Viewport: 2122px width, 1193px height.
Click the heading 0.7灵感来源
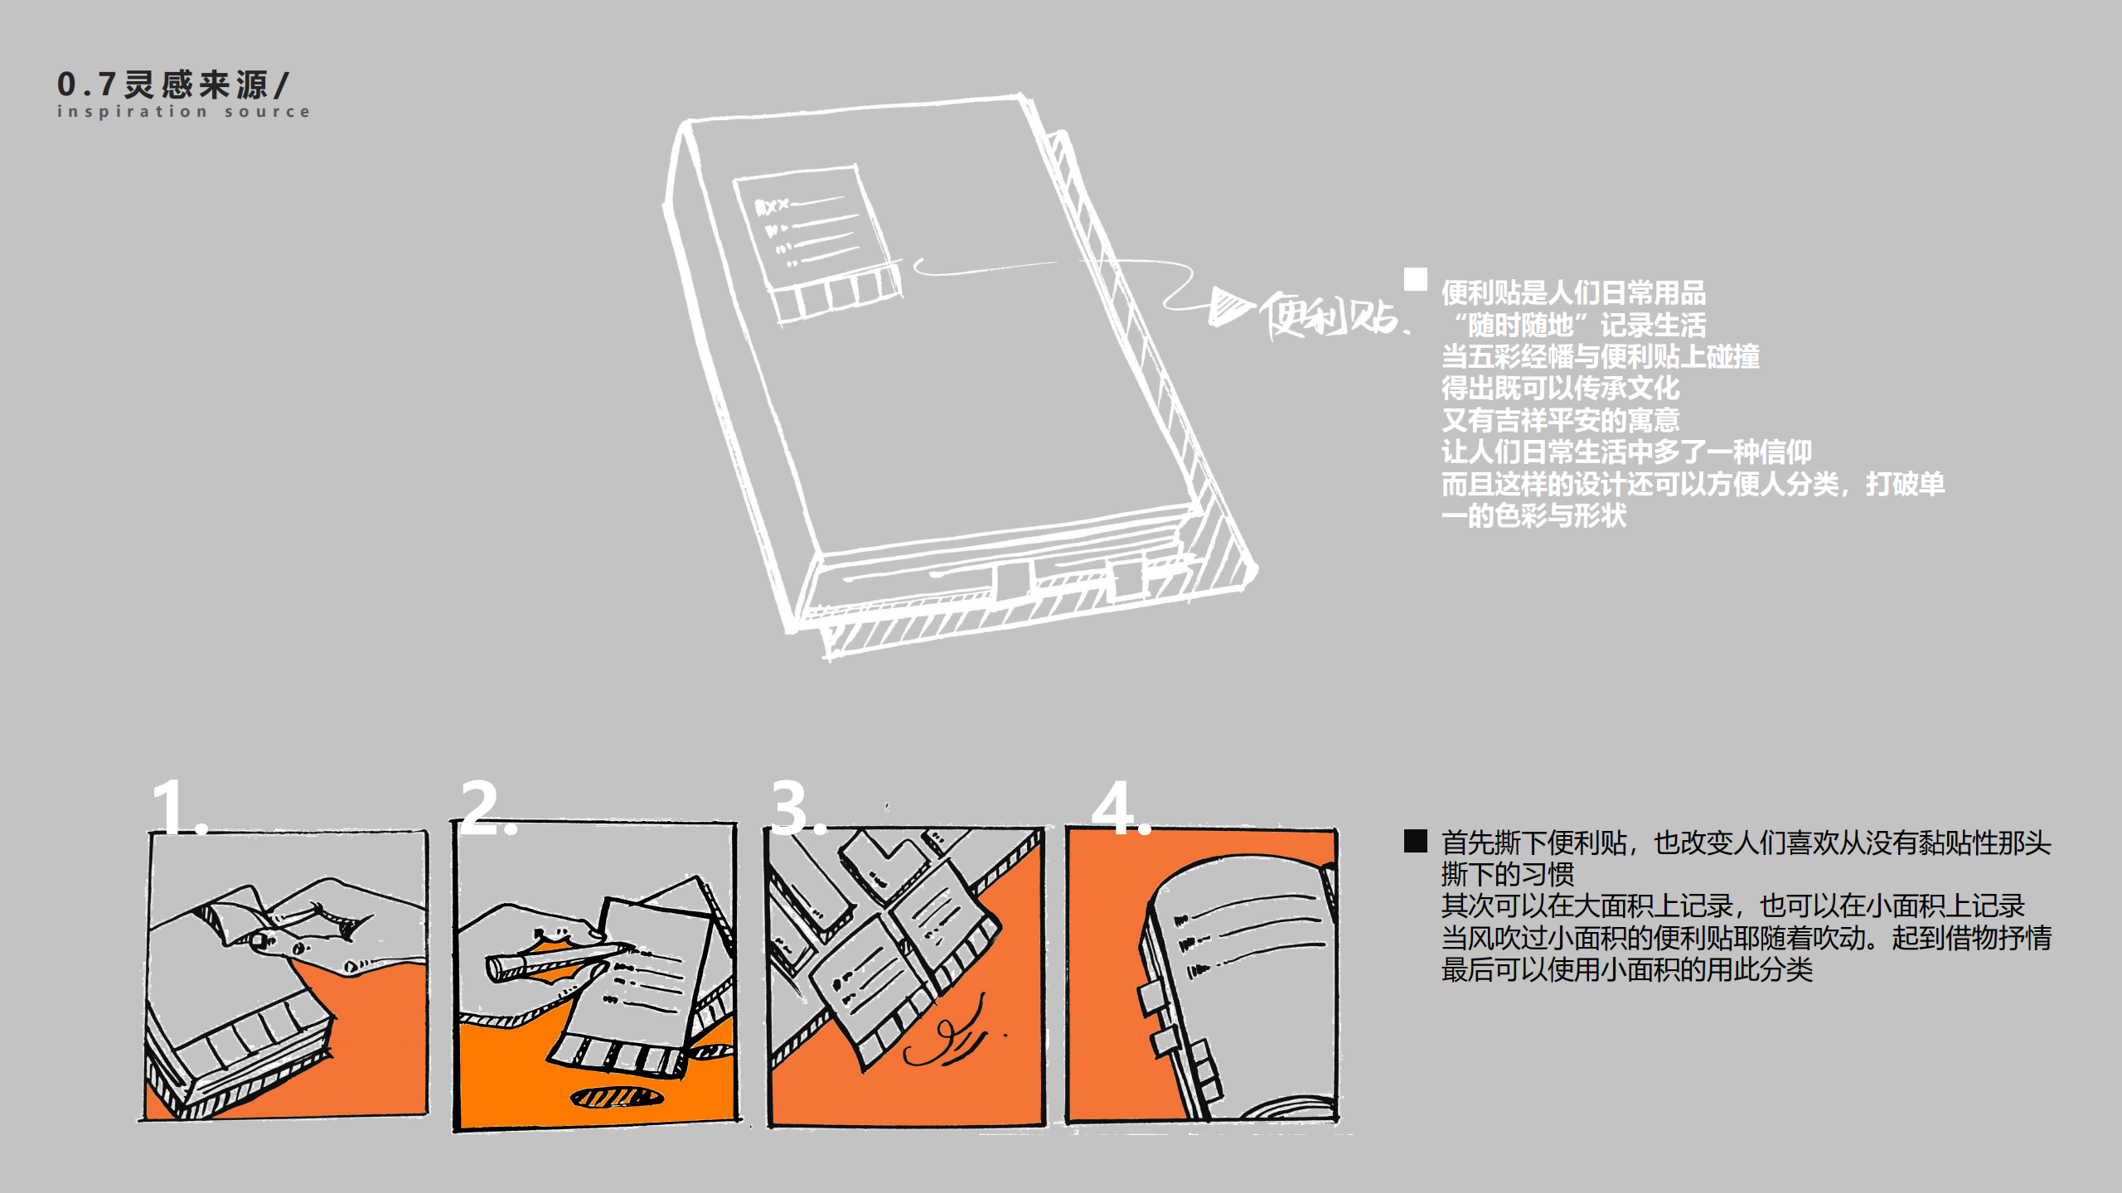click(172, 85)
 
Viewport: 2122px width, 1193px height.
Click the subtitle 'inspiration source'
click(183, 111)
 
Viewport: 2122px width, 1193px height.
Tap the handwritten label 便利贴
click(1331, 316)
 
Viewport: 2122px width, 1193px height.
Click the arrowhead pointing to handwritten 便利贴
click(1228, 306)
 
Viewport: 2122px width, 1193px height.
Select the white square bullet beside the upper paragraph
click(1415, 279)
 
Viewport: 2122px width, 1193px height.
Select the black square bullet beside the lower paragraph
click(1415, 841)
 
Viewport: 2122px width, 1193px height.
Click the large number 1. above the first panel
click(177, 807)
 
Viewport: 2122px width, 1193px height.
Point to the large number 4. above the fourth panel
click(1119, 807)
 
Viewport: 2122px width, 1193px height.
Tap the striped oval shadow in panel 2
click(617, 1098)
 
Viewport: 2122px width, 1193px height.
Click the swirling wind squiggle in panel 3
click(945, 1040)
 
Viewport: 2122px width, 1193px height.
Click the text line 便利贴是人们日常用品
click(1572, 292)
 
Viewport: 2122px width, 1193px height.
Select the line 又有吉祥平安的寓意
click(1560, 420)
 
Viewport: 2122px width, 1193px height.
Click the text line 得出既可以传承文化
click(1560, 388)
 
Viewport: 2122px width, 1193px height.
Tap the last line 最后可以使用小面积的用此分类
click(1626, 969)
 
